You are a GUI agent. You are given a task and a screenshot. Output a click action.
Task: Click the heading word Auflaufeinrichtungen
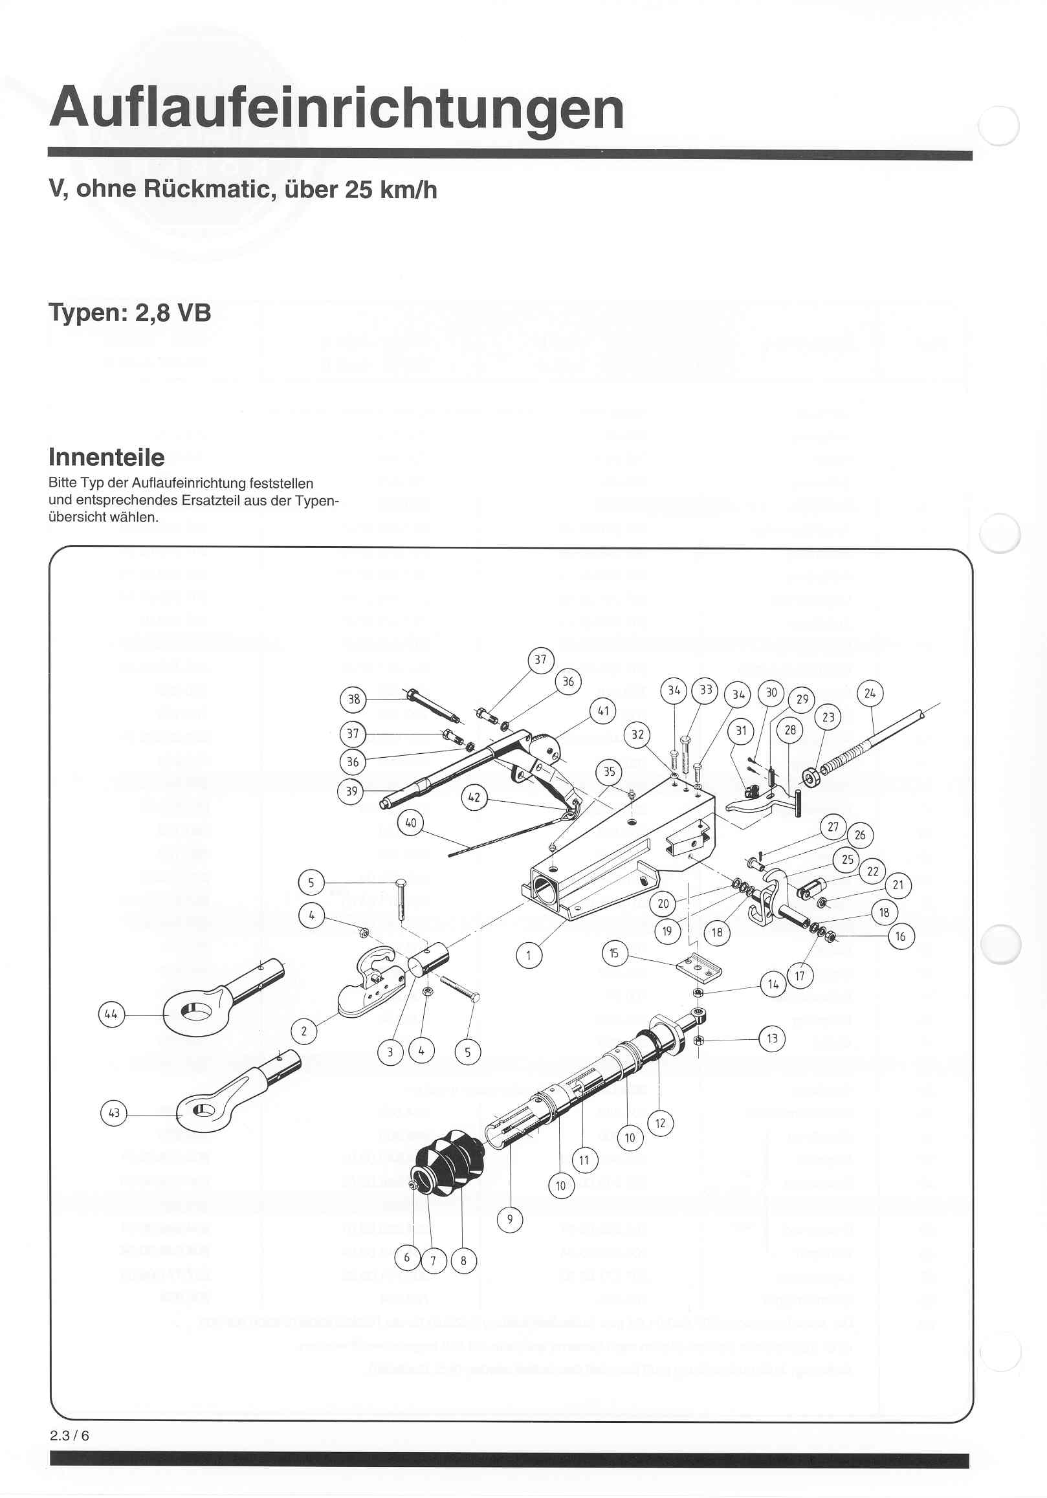336,107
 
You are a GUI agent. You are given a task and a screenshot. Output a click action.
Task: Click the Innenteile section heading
106,457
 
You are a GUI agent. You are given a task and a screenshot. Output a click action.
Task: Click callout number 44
111,1015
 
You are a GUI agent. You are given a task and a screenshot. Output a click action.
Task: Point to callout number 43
114,1112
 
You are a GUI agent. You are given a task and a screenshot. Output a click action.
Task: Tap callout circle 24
870,693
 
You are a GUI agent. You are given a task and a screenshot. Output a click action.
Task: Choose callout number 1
529,956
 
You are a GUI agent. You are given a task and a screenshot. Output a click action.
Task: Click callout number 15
615,953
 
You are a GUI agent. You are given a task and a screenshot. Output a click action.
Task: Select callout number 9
510,1218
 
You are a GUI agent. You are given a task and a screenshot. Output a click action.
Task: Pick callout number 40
411,822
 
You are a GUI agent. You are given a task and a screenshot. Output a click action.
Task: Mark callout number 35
610,772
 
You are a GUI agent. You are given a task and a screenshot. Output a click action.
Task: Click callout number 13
773,1038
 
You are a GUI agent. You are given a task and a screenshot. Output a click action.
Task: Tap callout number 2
304,1031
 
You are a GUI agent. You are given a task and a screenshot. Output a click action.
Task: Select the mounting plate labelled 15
700,965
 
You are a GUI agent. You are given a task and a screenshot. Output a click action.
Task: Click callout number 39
351,791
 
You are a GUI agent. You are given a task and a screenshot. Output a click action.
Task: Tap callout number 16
901,937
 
